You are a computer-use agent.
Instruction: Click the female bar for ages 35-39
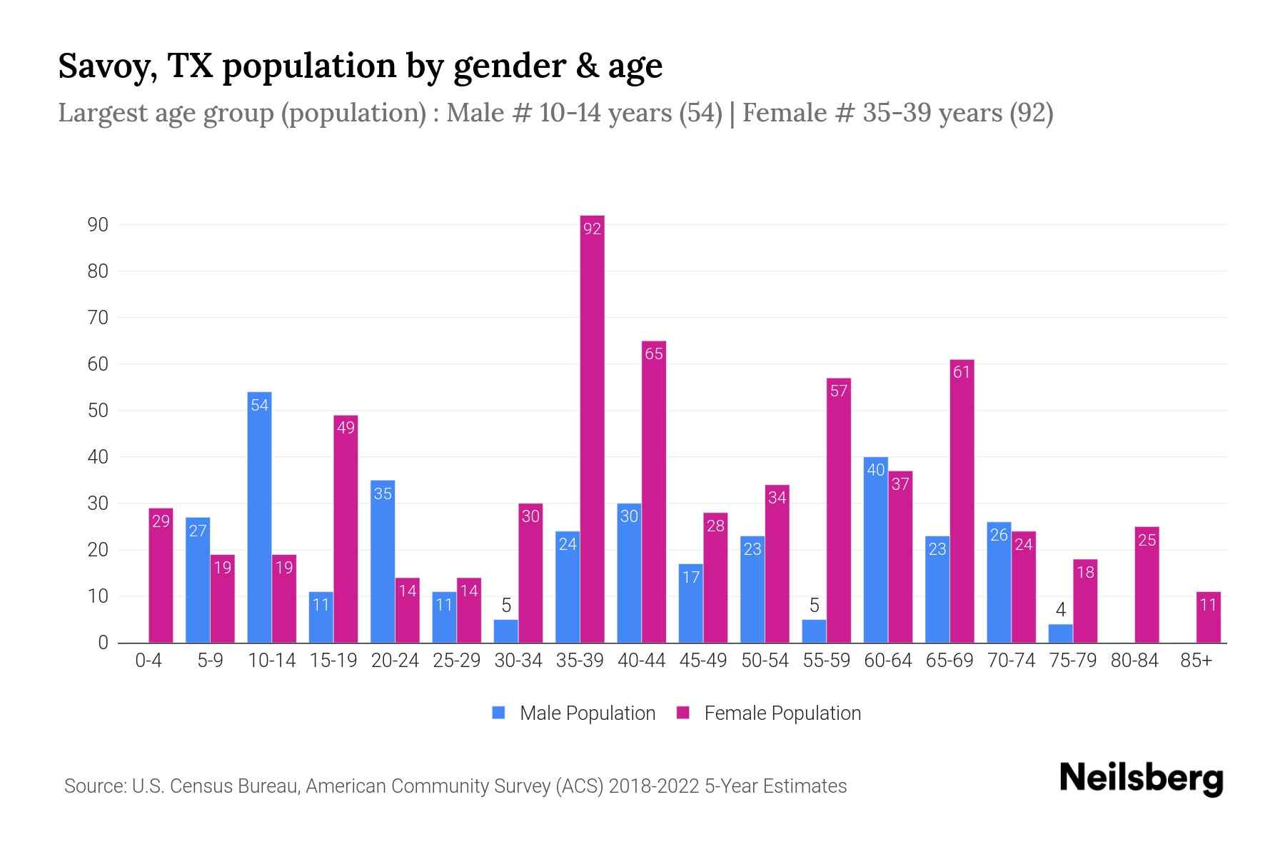[592, 428]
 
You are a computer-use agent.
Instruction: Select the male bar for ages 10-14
[259, 518]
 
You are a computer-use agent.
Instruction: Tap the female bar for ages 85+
[1208, 618]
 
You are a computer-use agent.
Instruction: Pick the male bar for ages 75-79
[1060, 633]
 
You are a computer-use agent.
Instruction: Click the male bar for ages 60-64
[875, 550]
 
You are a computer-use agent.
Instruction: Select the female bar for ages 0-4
[161, 575]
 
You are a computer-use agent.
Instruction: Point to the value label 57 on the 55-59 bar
[839, 391]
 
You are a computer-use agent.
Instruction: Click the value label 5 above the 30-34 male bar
[506, 606]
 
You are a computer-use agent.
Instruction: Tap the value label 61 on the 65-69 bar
[962, 372]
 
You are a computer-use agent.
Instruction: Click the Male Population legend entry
[574, 713]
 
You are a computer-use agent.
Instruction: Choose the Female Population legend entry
[769, 713]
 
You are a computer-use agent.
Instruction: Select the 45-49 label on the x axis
[702, 661]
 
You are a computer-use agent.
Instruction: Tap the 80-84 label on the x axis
[1134, 661]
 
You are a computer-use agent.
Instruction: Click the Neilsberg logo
[1141, 778]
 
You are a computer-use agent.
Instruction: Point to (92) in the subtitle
[1031, 113]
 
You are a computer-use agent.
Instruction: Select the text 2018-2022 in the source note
[653, 786]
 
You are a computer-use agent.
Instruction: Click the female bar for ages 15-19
[346, 528]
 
